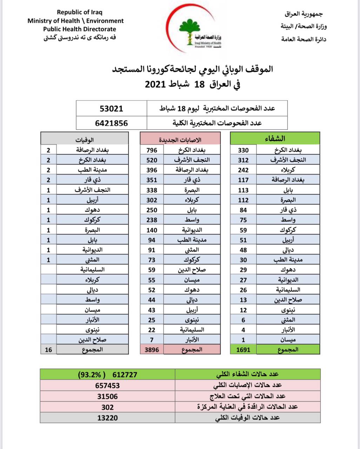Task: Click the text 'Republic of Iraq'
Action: pyautogui.click(x=80, y=13)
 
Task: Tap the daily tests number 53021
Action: pyautogui.click(x=112, y=108)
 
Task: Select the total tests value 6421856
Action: pyautogui.click(x=112, y=123)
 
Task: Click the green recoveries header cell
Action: pyautogui.click(x=275, y=138)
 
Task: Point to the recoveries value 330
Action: pyautogui.click(x=243, y=150)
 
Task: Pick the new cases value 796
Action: pyautogui.click(x=152, y=150)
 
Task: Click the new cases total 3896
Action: pyautogui.click(x=152, y=350)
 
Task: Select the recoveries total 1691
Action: pyautogui.click(x=243, y=350)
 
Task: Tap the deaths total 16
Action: pyautogui.click(x=48, y=350)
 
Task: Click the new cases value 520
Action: pyautogui.click(x=152, y=160)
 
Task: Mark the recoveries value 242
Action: pyautogui.click(x=243, y=170)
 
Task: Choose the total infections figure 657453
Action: pyautogui.click(x=108, y=386)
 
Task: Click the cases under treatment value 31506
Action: pyautogui.click(x=108, y=396)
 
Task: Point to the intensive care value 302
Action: pyautogui.click(x=108, y=407)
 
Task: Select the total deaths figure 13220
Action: pyautogui.click(x=108, y=418)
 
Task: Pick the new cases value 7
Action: pyautogui.click(x=152, y=340)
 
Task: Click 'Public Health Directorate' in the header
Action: pyautogui.click(x=80, y=29)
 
